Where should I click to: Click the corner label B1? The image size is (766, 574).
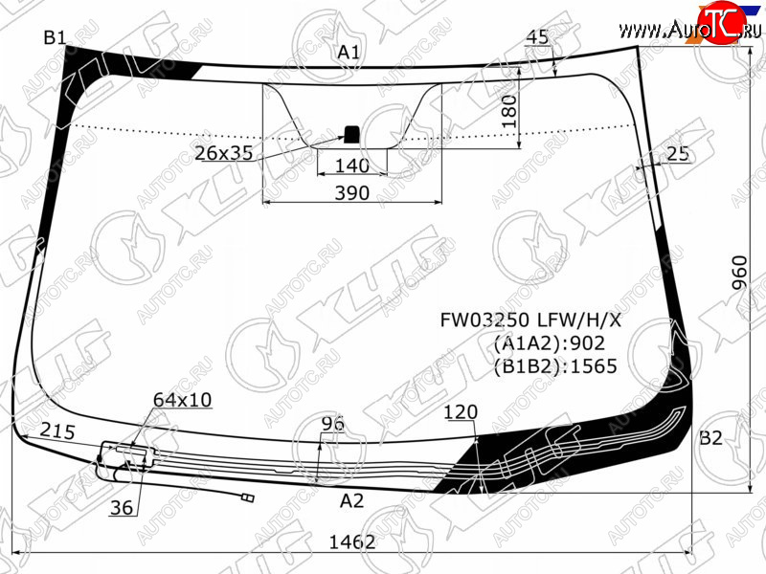(x=55, y=37)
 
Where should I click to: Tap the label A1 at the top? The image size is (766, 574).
(x=349, y=52)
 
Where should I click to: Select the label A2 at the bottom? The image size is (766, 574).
(x=351, y=500)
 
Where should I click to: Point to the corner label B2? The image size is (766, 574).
(x=710, y=438)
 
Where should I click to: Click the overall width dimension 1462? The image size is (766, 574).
(x=351, y=541)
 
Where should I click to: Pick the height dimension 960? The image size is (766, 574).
(x=740, y=273)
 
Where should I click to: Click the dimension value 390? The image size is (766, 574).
(x=351, y=193)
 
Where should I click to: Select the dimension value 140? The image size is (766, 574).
(x=351, y=166)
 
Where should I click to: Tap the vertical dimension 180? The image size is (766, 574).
(x=509, y=111)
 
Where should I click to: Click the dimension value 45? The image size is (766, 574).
(x=537, y=37)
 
